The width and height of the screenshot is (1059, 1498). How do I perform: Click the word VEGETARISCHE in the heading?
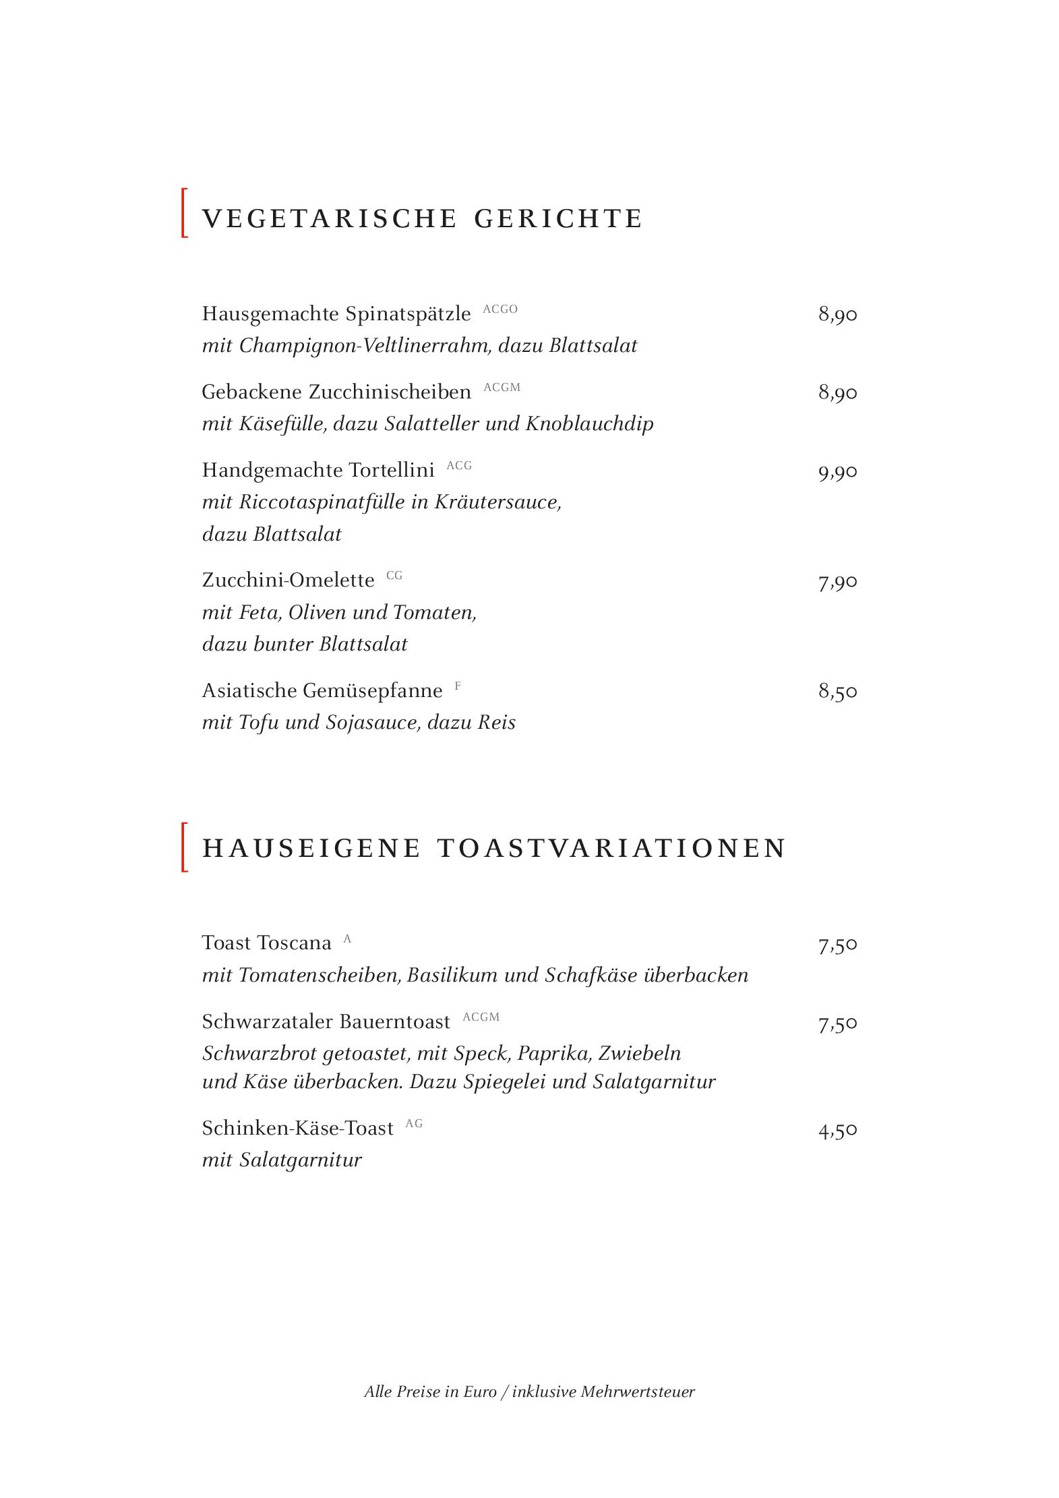[x=330, y=219]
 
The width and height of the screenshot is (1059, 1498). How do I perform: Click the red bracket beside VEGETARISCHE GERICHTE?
[x=184, y=213]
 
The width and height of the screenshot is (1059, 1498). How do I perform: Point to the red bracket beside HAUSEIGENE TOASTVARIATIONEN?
[x=184, y=847]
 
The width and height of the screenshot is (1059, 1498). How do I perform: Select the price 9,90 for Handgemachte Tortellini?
[x=837, y=472]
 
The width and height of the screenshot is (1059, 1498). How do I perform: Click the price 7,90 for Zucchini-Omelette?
[x=837, y=582]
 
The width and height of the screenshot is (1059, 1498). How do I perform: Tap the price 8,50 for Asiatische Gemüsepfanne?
[x=837, y=692]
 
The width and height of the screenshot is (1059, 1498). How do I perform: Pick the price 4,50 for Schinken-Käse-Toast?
[x=837, y=1130]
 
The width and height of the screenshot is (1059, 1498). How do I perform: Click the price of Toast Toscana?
[x=837, y=945]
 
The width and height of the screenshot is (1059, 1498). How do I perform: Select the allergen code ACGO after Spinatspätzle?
[x=500, y=309]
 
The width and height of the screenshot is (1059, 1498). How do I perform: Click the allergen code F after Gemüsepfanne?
[x=458, y=686]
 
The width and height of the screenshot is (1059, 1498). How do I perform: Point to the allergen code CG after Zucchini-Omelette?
[x=394, y=576]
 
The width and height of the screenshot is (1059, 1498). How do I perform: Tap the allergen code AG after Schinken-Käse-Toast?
[x=414, y=1124]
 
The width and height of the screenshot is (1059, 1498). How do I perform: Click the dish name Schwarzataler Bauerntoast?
[x=326, y=1022]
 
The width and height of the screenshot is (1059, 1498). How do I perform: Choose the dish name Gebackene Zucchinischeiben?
[x=336, y=392]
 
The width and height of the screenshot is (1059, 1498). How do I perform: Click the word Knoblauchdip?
[x=589, y=424]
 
